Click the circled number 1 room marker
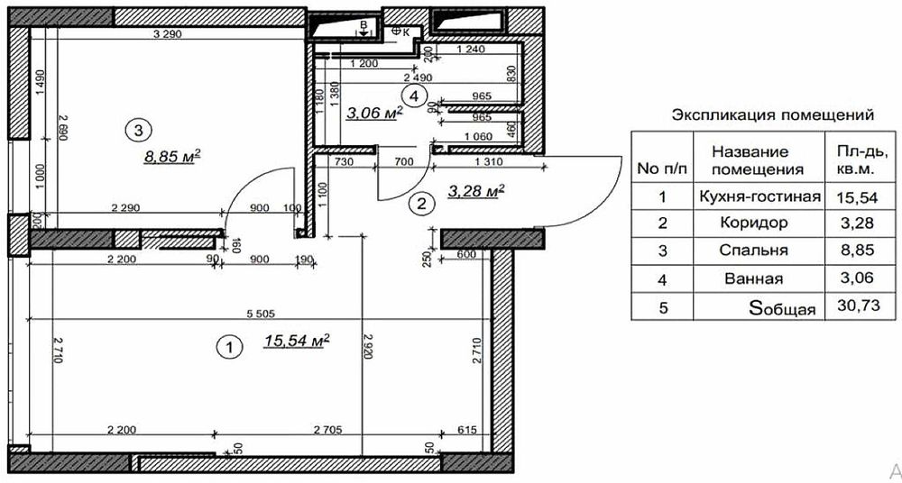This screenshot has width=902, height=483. click(x=229, y=347)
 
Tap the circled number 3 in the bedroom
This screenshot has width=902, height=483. click(x=138, y=131)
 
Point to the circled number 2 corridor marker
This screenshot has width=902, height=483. click(x=421, y=203)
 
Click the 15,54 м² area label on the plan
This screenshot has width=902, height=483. click(x=298, y=341)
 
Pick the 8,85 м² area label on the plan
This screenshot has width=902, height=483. click(x=172, y=156)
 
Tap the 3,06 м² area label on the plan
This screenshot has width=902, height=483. click(x=374, y=112)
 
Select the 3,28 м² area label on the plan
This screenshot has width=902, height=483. click(x=476, y=191)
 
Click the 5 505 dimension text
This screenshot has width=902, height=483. click(x=262, y=314)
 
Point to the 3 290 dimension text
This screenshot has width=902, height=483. click(x=168, y=34)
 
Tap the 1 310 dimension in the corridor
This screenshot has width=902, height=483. click(x=488, y=162)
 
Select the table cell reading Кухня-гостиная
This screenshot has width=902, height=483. click(x=759, y=196)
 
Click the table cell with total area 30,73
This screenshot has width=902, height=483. click(x=861, y=305)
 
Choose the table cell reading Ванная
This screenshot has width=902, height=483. click(x=754, y=278)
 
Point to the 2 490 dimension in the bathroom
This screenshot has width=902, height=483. click(x=419, y=77)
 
